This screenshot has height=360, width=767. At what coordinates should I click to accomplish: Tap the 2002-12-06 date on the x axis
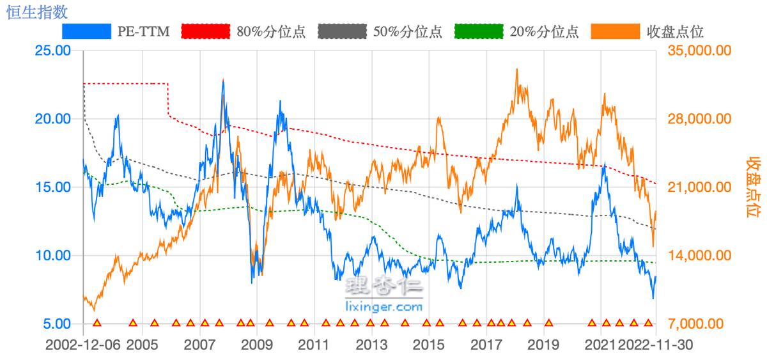[x=84, y=345]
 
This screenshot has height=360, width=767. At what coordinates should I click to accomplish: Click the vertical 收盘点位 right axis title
[x=755, y=187]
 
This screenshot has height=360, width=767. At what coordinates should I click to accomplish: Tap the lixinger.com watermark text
[x=383, y=307]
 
